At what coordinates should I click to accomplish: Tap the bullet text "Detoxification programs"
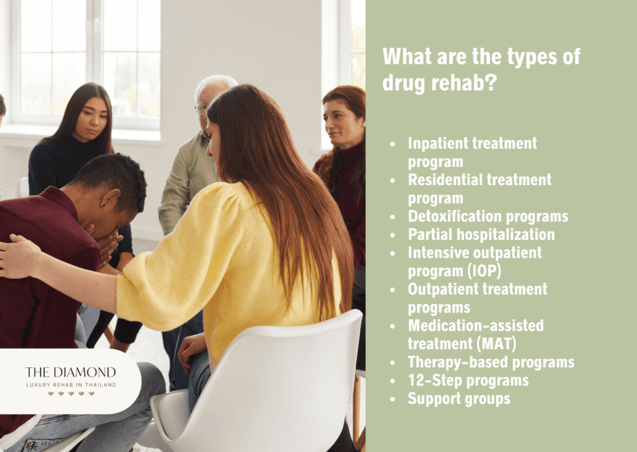488,217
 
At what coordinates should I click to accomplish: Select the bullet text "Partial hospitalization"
481,235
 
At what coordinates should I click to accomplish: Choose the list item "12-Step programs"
468,380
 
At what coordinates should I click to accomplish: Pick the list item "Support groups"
458,398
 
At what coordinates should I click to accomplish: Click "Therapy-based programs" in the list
491,362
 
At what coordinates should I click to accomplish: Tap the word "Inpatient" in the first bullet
435,144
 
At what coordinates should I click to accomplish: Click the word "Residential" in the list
443,180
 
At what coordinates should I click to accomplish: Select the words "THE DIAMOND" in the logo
70,372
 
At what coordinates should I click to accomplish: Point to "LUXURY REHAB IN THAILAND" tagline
70,385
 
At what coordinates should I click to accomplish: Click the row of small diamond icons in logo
70,394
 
